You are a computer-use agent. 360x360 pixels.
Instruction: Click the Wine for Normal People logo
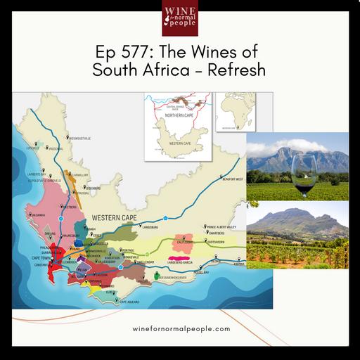(x=180, y=18)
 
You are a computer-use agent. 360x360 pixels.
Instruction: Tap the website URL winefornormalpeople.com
(x=181, y=328)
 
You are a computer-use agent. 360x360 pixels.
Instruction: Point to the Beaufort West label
(x=230, y=179)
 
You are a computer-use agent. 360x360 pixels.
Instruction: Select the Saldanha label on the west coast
(x=36, y=215)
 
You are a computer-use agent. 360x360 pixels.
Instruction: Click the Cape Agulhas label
(x=115, y=302)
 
